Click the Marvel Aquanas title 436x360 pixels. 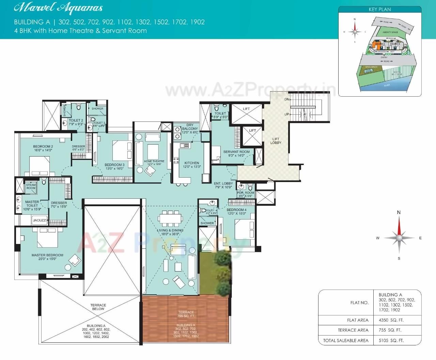(58, 8)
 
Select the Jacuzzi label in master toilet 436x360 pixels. (40, 220)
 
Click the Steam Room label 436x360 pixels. (31, 186)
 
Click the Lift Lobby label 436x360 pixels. (276, 141)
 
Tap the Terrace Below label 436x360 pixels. (98, 307)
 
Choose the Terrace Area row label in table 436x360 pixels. (353, 330)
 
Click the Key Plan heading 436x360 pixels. (380, 9)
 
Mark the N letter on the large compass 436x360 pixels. (399, 212)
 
